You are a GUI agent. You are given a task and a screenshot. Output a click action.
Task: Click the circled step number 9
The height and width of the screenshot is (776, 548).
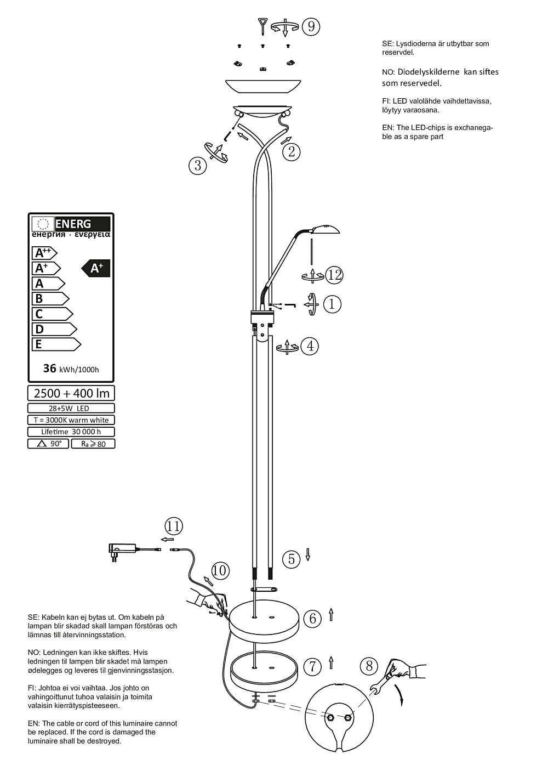[x=311, y=26]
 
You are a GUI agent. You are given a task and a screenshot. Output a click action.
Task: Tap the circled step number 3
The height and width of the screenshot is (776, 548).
[x=198, y=165]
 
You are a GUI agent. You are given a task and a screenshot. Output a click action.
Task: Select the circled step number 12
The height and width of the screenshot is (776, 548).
[x=334, y=274]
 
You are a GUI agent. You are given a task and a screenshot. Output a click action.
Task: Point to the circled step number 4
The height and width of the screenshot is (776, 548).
[x=311, y=346]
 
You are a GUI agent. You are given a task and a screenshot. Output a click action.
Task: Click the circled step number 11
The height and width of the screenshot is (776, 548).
[x=174, y=526]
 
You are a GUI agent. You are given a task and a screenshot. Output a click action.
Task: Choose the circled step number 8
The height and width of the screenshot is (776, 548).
[x=369, y=666]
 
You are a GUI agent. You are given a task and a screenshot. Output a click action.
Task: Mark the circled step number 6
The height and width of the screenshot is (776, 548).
[x=313, y=619]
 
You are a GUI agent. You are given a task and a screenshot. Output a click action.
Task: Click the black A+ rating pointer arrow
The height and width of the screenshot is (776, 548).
[x=96, y=268]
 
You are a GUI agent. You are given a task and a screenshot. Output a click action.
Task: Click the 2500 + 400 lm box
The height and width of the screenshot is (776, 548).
[x=71, y=393]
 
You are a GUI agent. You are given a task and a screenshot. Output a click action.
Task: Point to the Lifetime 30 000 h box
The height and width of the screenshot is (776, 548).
[x=71, y=432]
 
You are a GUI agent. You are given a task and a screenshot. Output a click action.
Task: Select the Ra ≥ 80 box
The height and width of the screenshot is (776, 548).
[x=93, y=444]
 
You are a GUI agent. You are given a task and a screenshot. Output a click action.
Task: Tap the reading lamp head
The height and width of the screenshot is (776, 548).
[x=325, y=228]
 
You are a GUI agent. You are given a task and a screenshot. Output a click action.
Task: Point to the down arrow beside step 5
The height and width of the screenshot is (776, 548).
[x=308, y=554]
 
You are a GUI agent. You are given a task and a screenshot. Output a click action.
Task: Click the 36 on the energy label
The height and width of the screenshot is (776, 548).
[x=50, y=368]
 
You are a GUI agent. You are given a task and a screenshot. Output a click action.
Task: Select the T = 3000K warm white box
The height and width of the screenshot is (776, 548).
[x=71, y=420]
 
